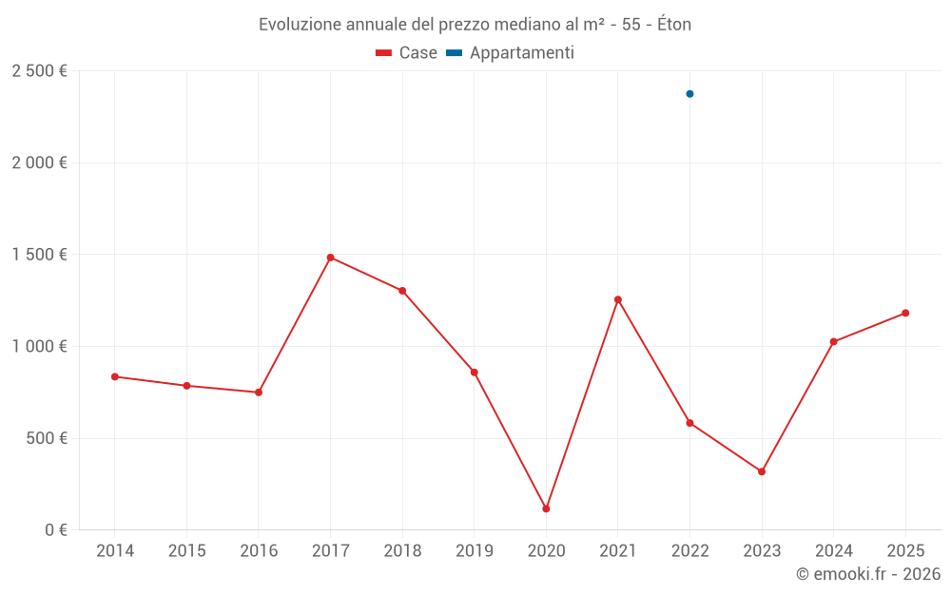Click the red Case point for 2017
[330, 258]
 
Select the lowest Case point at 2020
[546, 508]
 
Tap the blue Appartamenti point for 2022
[689, 94]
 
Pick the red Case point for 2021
[618, 299]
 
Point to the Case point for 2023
[762, 471]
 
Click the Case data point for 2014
[115, 376]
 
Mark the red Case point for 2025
[905, 313]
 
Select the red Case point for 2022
[689, 423]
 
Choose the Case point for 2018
[402, 291]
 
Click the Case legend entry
[407, 53]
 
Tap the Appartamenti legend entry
[511, 53]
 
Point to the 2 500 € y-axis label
[39, 71]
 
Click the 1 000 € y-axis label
[39, 347]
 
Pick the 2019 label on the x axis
[475, 551]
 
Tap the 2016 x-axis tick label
[259, 551]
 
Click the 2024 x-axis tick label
[833, 551]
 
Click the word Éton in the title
[671, 25]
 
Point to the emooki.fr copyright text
[867, 574]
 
